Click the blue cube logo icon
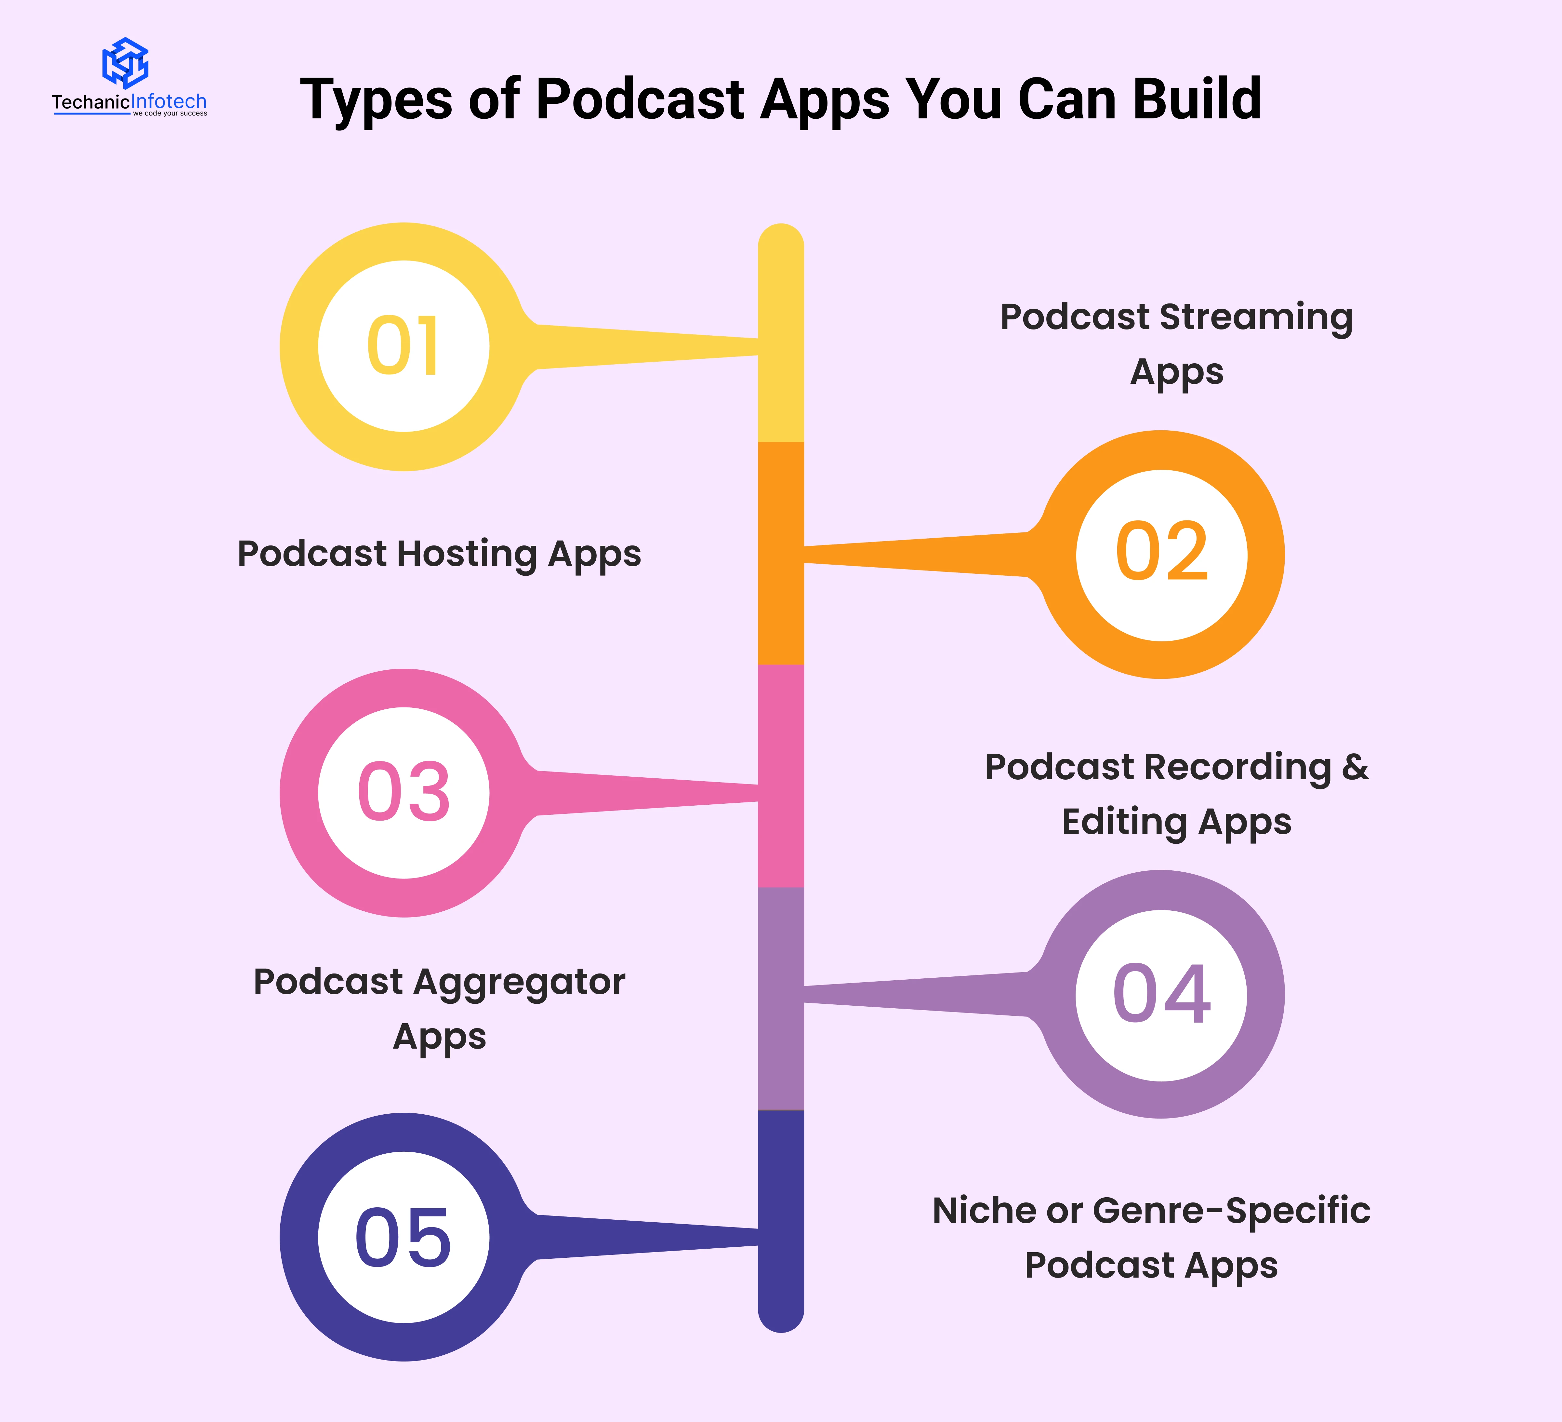pos(126,62)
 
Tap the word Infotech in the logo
pos(169,101)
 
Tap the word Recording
pos(1238,767)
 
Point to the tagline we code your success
pos(170,114)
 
